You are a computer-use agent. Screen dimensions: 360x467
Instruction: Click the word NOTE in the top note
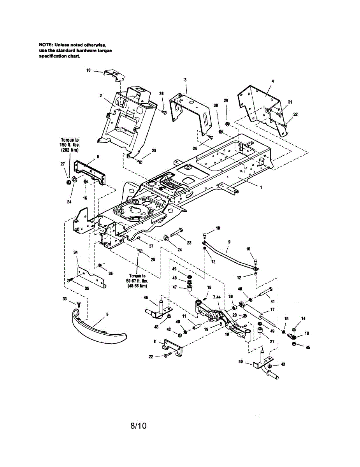[46, 45]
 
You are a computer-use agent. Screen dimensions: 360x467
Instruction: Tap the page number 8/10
[139, 426]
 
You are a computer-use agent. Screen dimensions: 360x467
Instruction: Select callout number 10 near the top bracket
[89, 70]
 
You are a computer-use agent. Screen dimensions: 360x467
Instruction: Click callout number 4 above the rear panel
[273, 81]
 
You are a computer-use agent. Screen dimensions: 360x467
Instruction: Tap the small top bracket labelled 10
[114, 75]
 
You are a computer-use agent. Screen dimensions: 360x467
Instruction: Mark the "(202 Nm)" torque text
[70, 150]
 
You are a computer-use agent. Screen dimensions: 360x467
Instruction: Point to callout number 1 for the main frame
[261, 188]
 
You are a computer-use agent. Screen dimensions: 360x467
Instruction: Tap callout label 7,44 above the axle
[216, 297]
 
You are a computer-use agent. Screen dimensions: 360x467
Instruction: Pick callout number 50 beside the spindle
[241, 362]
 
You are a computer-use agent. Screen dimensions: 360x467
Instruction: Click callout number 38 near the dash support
[162, 93]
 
